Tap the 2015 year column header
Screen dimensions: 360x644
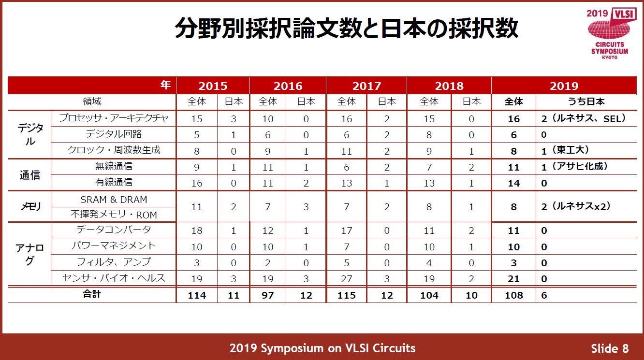pos(213,86)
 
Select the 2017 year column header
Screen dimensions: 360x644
pos(366,86)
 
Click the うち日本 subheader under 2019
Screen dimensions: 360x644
pos(586,102)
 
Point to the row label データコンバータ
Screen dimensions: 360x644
pos(114,230)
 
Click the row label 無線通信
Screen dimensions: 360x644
pos(114,167)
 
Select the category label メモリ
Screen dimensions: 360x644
pos(29,207)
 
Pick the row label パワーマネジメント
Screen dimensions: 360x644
pos(114,246)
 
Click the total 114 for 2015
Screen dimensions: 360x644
pos(197,295)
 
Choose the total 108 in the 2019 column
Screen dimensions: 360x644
pos(513,295)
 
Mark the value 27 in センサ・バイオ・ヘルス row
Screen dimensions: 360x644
pos(346,279)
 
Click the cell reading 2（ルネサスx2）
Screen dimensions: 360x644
pos(576,206)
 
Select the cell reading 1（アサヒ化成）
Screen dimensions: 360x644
pos(574,167)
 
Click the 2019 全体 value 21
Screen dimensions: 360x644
pos(513,279)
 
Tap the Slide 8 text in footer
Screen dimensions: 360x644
pos(610,348)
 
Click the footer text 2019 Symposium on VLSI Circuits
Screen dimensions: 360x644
pos(322,348)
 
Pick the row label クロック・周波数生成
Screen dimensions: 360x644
pos(114,150)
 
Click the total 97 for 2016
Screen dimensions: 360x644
pos(267,295)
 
